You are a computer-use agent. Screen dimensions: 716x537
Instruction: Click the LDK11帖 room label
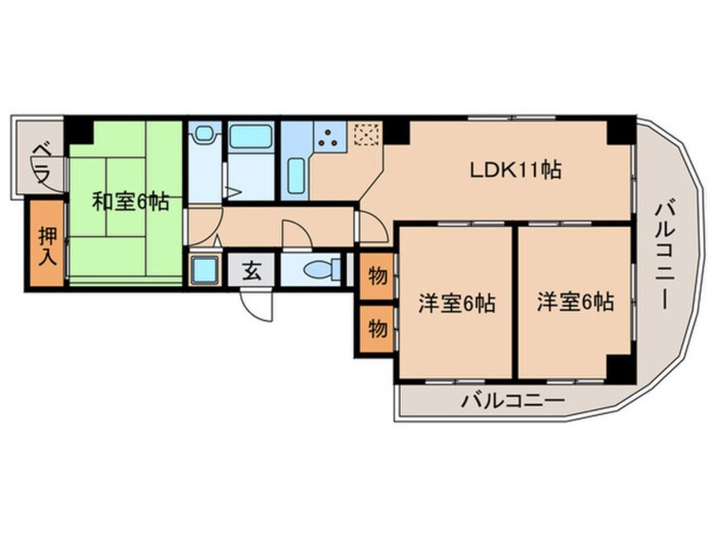click(515, 170)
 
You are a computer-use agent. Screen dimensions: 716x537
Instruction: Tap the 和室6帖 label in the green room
click(130, 202)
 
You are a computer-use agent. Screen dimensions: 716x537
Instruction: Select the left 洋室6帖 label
click(457, 302)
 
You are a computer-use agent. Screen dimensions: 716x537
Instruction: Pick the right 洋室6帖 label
click(576, 302)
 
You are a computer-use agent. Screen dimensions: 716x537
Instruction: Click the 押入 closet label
click(48, 246)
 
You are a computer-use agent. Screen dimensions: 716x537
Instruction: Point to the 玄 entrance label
click(251, 271)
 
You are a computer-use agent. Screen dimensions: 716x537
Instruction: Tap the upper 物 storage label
click(377, 276)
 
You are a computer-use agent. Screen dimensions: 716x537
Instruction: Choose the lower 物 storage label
click(377, 328)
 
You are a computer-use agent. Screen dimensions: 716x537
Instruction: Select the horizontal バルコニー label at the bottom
click(512, 401)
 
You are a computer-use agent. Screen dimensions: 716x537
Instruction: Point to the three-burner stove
click(328, 137)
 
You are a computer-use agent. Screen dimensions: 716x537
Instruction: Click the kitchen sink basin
click(296, 176)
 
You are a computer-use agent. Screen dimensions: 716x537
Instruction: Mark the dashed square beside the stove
click(366, 135)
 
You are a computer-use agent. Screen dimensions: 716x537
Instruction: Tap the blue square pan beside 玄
click(204, 270)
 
